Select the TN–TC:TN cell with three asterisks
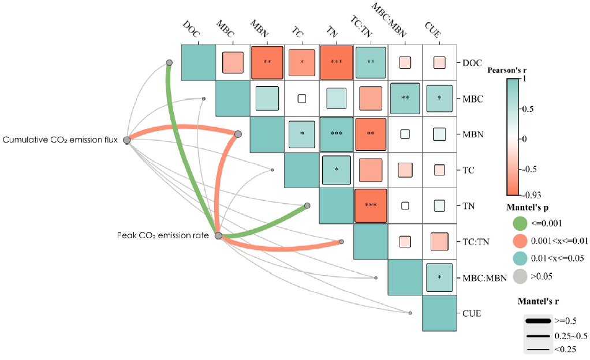coord(371,205)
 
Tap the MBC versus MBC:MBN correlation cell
coord(405,98)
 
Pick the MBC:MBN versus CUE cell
coord(439,276)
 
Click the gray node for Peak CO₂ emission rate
coord(218,235)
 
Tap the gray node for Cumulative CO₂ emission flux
coord(127,140)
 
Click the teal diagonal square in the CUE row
coord(439,313)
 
